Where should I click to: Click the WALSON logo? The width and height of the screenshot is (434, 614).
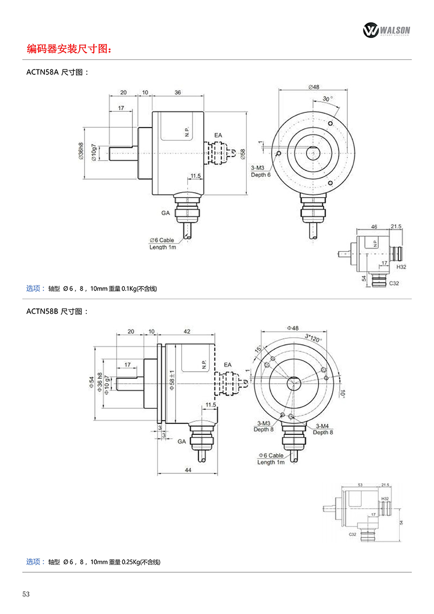[386, 30]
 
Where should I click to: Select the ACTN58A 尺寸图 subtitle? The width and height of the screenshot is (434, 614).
[56, 72]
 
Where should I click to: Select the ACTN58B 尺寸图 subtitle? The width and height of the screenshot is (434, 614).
[56, 312]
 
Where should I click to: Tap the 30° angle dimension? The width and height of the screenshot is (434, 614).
[327, 99]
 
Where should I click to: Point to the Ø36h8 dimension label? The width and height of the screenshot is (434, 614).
[81, 150]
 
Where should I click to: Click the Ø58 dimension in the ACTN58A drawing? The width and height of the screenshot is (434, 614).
[242, 154]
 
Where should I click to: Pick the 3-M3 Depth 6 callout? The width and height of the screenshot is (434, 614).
[260, 172]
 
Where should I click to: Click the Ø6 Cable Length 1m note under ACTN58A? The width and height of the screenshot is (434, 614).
[163, 244]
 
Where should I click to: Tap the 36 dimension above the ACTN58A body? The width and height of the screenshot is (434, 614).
[178, 93]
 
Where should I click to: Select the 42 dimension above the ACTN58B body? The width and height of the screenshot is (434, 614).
[187, 331]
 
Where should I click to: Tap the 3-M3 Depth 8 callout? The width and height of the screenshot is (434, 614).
[264, 426]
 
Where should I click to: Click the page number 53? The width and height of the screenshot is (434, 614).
[26, 593]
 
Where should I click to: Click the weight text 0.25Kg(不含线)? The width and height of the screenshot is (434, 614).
[142, 562]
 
